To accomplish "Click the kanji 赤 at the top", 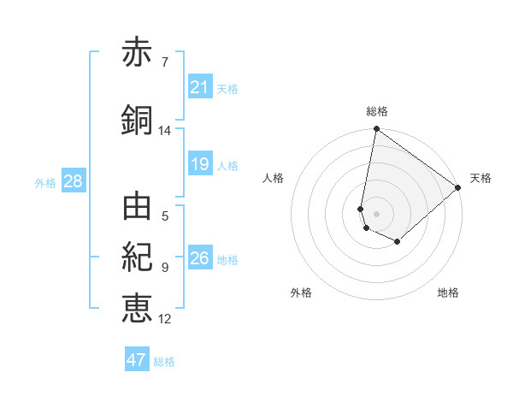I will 137,54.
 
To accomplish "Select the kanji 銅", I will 137,121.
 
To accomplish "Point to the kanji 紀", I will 137,257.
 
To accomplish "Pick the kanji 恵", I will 137,307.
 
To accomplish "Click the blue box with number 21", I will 199,87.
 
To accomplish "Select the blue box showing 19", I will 199,164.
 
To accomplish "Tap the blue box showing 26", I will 199,257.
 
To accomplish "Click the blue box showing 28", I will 72,181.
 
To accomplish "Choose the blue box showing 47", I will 136,360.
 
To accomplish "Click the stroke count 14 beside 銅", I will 164,131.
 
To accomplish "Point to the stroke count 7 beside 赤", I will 164,62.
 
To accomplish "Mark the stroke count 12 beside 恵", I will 164,319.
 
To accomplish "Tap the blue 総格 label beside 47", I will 164,362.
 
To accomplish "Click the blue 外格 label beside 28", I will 45,182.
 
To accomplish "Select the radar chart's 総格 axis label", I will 376,111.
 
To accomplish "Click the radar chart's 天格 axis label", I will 481,178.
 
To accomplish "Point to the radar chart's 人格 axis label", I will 273,178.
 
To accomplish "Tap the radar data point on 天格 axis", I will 458,187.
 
